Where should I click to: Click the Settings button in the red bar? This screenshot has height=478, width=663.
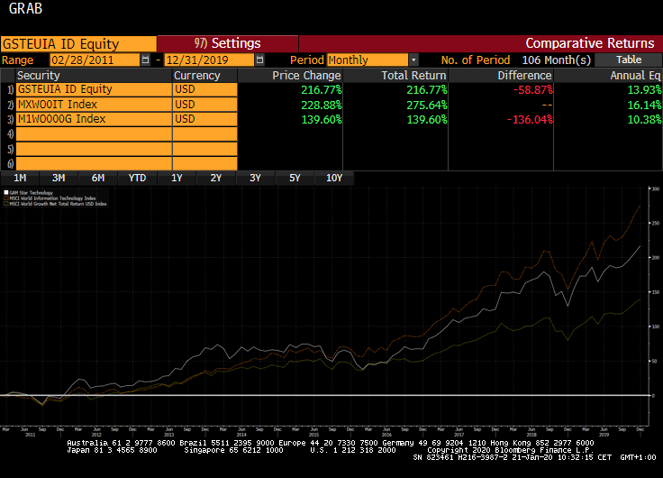(x=227, y=43)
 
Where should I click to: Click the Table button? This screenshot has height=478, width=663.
(x=629, y=60)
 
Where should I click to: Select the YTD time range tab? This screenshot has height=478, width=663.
(x=137, y=178)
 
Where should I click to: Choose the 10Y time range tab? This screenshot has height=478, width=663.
(x=334, y=178)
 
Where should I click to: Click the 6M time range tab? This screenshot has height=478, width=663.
(x=98, y=178)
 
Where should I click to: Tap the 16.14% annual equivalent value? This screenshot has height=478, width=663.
(x=640, y=105)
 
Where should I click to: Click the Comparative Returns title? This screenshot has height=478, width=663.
(x=590, y=43)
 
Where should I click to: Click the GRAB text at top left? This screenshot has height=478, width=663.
(x=24, y=11)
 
